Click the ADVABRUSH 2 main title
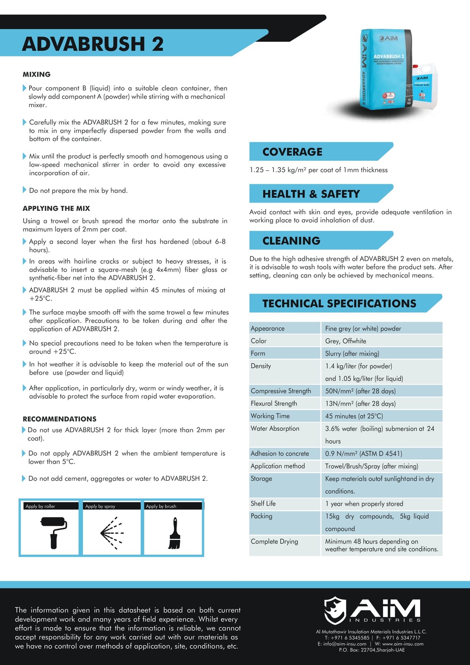[93, 44]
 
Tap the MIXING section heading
[37, 74]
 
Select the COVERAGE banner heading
[292, 152]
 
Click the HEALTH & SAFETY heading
[311, 194]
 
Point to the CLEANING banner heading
[291, 241]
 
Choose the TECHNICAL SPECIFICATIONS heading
[339, 303]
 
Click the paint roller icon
[53, 532]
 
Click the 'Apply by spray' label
[100, 506]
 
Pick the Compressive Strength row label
[281, 391]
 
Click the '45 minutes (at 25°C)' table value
[354, 416]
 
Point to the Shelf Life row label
[263, 503]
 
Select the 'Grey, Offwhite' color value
[345, 341]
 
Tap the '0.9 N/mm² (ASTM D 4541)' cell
[364, 454]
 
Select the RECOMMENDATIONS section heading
[60, 419]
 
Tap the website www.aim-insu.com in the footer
[403, 644]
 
